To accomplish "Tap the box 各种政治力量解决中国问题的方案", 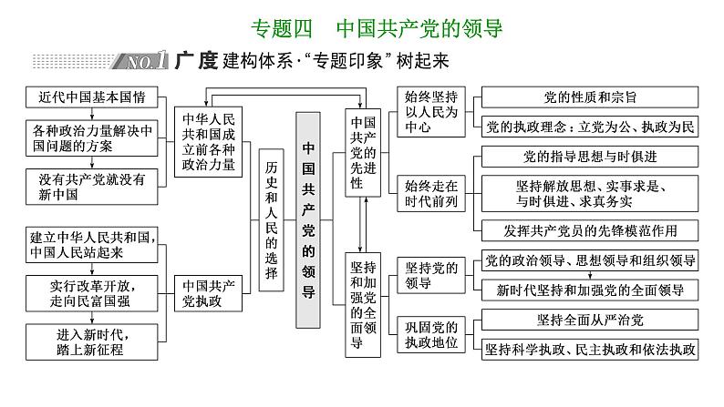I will pyautogui.click(x=91, y=137).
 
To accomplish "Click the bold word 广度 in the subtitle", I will pyautogui.click(x=193, y=61).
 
